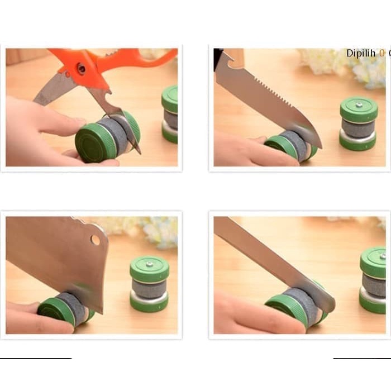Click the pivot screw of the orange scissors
(82, 69)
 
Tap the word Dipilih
(362, 54)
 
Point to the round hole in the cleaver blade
(95, 240)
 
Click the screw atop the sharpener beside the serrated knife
(359, 103)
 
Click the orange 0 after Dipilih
(382, 54)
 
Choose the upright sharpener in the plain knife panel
(373, 279)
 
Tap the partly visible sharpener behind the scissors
(170, 115)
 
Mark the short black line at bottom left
(36, 358)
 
